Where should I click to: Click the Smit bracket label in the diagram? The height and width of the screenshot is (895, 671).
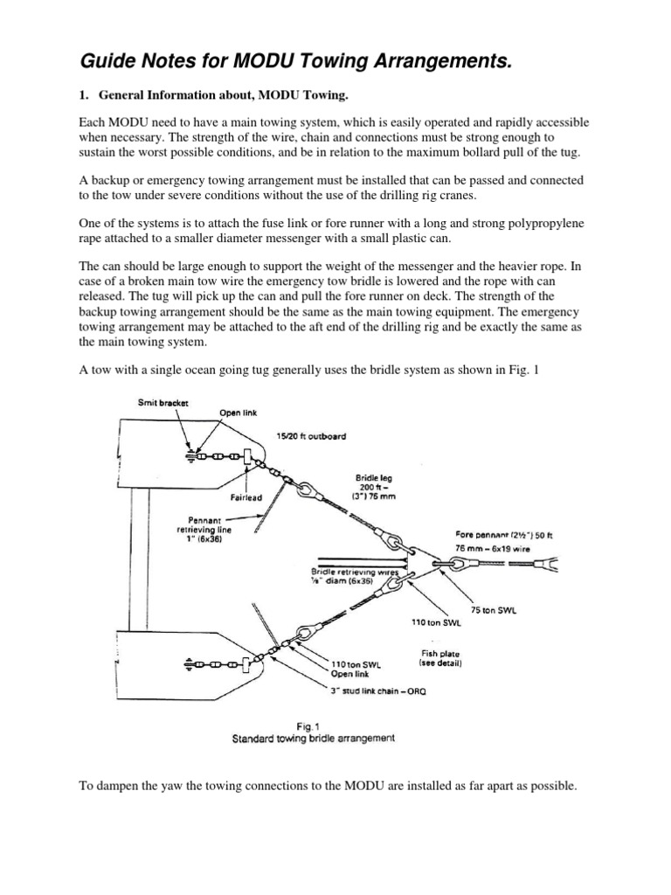tap(163, 403)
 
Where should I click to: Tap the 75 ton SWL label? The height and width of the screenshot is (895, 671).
tap(494, 611)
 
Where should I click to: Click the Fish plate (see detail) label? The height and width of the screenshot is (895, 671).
tap(441, 658)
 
